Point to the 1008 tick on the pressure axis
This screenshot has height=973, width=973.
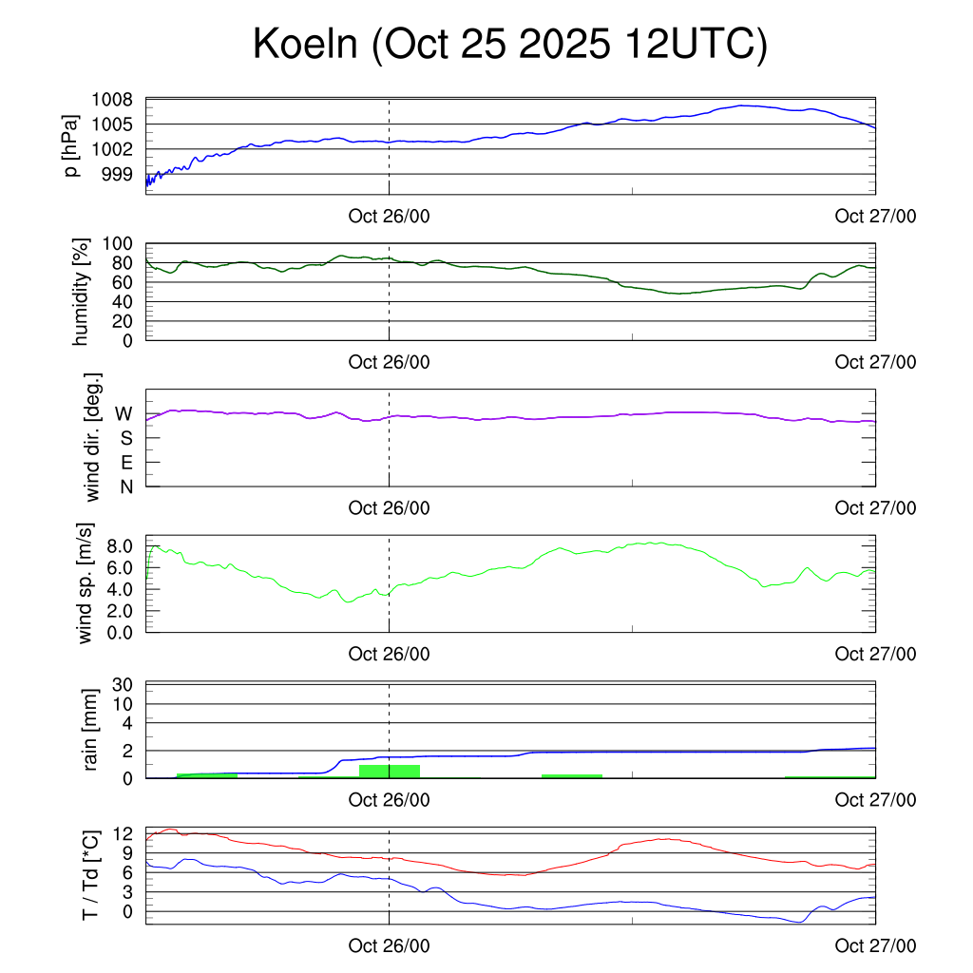(x=119, y=100)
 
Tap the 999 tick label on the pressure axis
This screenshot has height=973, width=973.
(x=124, y=174)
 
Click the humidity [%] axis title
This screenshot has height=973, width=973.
(x=82, y=293)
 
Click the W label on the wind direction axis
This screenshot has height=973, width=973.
(x=124, y=413)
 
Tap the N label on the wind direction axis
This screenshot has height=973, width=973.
(x=125, y=486)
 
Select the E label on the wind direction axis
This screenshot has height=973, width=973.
(x=125, y=463)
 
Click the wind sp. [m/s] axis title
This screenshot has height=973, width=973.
(x=87, y=584)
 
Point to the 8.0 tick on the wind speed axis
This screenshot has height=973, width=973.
(x=120, y=545)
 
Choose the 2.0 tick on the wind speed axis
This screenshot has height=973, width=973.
(x=120, y=610)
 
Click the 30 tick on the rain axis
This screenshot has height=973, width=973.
(x=124, y=685)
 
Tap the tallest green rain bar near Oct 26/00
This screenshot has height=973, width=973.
(x=390, y=771)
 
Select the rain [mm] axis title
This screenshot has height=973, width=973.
(x=91, y=732)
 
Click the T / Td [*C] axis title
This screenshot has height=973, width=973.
(x=91, y=875)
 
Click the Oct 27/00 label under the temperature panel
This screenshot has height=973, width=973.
(x=875, y=945)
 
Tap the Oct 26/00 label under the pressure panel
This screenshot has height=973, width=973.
(x=389, y=217)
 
